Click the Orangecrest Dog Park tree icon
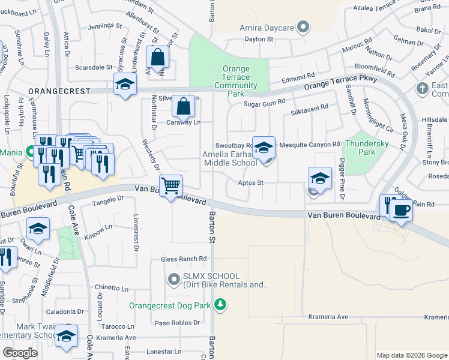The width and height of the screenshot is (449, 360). pos(221,305)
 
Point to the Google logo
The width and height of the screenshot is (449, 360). pos(20,353)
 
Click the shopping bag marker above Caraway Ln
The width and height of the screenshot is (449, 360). pos(184,107)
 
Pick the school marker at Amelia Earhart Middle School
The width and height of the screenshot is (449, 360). pos(264,148)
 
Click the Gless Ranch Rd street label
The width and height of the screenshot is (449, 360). pos(183,259)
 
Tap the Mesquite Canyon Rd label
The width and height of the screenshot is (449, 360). pos(310,145)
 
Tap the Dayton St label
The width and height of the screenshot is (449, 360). pos(259,39)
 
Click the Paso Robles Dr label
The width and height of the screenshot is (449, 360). pos(177,323)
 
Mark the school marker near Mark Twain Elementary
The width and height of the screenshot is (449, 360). pos(67,337)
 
